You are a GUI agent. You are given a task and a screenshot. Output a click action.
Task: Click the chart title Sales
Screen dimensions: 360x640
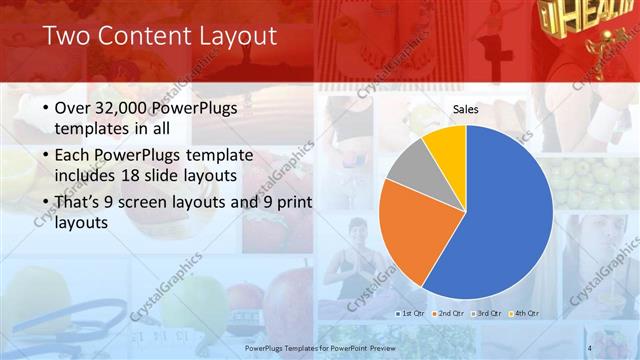(465, 108)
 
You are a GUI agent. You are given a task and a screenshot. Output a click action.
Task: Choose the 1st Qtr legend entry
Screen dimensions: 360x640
(408, 313)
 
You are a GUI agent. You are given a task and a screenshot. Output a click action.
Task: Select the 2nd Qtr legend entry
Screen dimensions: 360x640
(449, 313)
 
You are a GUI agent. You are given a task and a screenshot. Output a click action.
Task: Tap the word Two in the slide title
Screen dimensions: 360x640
(65, 37)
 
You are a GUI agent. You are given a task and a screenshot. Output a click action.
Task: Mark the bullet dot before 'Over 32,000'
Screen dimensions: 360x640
(48, 108)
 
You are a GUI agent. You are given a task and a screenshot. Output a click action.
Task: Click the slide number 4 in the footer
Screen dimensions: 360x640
(590, 347)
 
